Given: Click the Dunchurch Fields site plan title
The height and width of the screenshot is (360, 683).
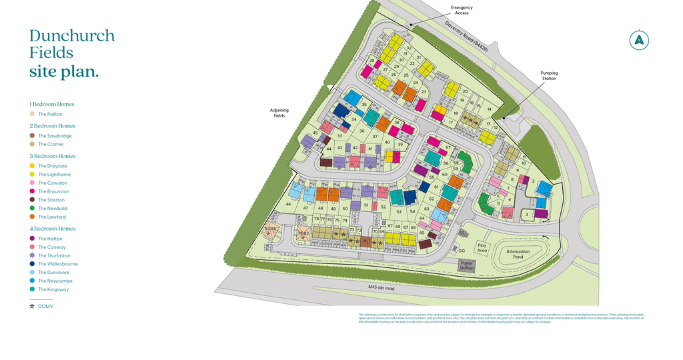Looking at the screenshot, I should click(x=71, y=53).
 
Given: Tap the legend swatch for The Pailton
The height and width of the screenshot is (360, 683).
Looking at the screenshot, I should click(x=32, y=114).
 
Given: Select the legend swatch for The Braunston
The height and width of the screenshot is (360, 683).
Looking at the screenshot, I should click(x=32, y=191).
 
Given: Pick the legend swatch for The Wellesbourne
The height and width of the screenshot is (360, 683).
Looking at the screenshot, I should click(x=32, y=264).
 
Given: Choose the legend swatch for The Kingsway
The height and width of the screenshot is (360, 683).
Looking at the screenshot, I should click(x=32, y=289).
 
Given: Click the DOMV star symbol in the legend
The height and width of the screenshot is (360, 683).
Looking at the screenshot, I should click(x=32, y=306).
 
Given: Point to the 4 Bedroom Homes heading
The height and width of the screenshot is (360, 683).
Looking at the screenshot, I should click(x=52, y=229).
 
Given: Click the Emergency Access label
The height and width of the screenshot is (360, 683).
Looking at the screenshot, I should click(x=462, y=10).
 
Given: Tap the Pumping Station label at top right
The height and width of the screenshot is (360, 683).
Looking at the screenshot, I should click(x=549, y=75).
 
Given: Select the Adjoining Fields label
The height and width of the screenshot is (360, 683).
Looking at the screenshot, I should click(x=279, y=113).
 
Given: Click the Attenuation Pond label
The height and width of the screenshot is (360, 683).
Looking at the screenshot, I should click(x=518, y=254).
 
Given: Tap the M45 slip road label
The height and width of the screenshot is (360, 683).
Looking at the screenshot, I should click(x=382, y=287).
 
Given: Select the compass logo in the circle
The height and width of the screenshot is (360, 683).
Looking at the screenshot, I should click(x=640, y=40).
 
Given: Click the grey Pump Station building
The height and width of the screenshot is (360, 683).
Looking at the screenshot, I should click(x=467, y=265).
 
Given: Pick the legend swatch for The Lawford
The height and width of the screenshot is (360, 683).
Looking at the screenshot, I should click(x=32, y=217).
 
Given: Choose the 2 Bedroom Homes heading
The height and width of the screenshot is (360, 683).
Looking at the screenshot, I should click(x=52, y=126).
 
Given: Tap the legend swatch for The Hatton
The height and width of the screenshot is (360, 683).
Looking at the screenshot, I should click(x=32, y=239).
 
